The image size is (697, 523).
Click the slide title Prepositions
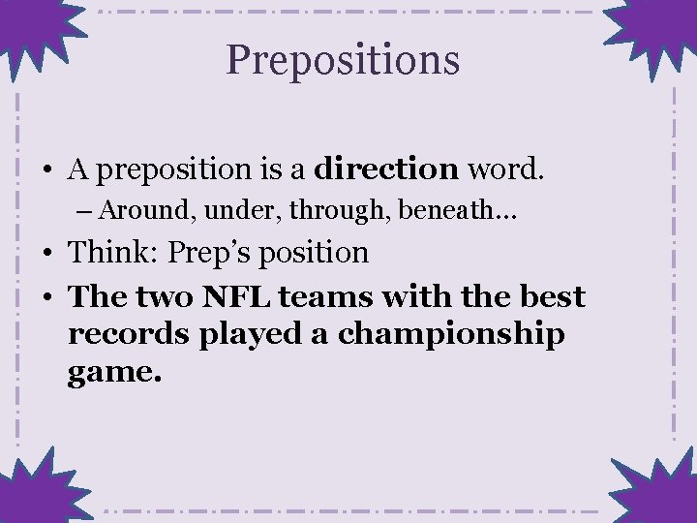[x=343, y=60]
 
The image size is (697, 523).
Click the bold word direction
[x=387, y=169]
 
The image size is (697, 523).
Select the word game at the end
[x=107, y=373]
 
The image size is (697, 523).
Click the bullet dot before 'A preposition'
[x=46, y=170]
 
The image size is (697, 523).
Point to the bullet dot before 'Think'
[x=46, y=254]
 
